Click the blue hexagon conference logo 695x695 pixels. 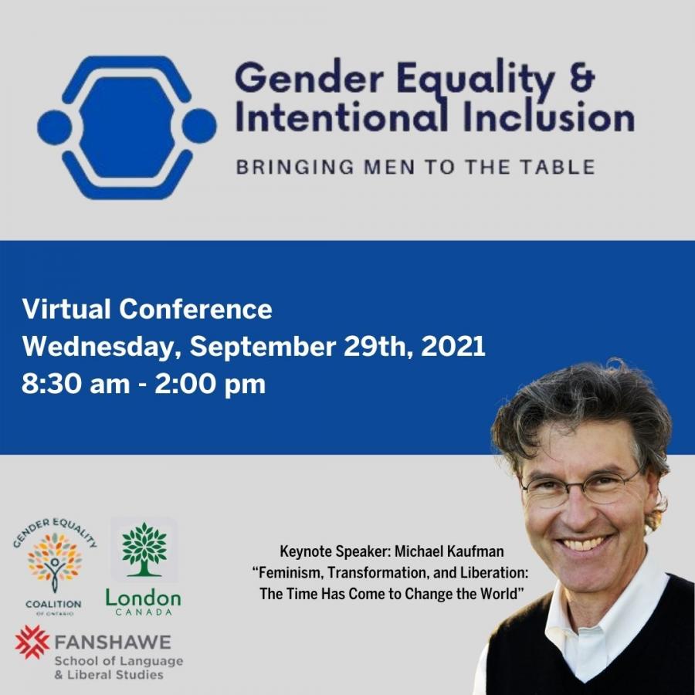[x=127, y=127]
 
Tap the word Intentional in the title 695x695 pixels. [x=341, y=117]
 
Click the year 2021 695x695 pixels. [x=453, y=346]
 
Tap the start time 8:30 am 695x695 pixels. [x=76, y=384]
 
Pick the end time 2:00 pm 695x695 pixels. [x=210, y=384]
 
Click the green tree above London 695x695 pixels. [x=144, y=549]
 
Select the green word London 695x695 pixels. [x=143, y=598]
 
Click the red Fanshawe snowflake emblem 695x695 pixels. [x=32, y=642]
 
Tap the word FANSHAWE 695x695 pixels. [x=113, y=642]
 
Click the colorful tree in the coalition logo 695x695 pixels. [x=55, y=561]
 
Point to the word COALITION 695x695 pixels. [x=53, y=604]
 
